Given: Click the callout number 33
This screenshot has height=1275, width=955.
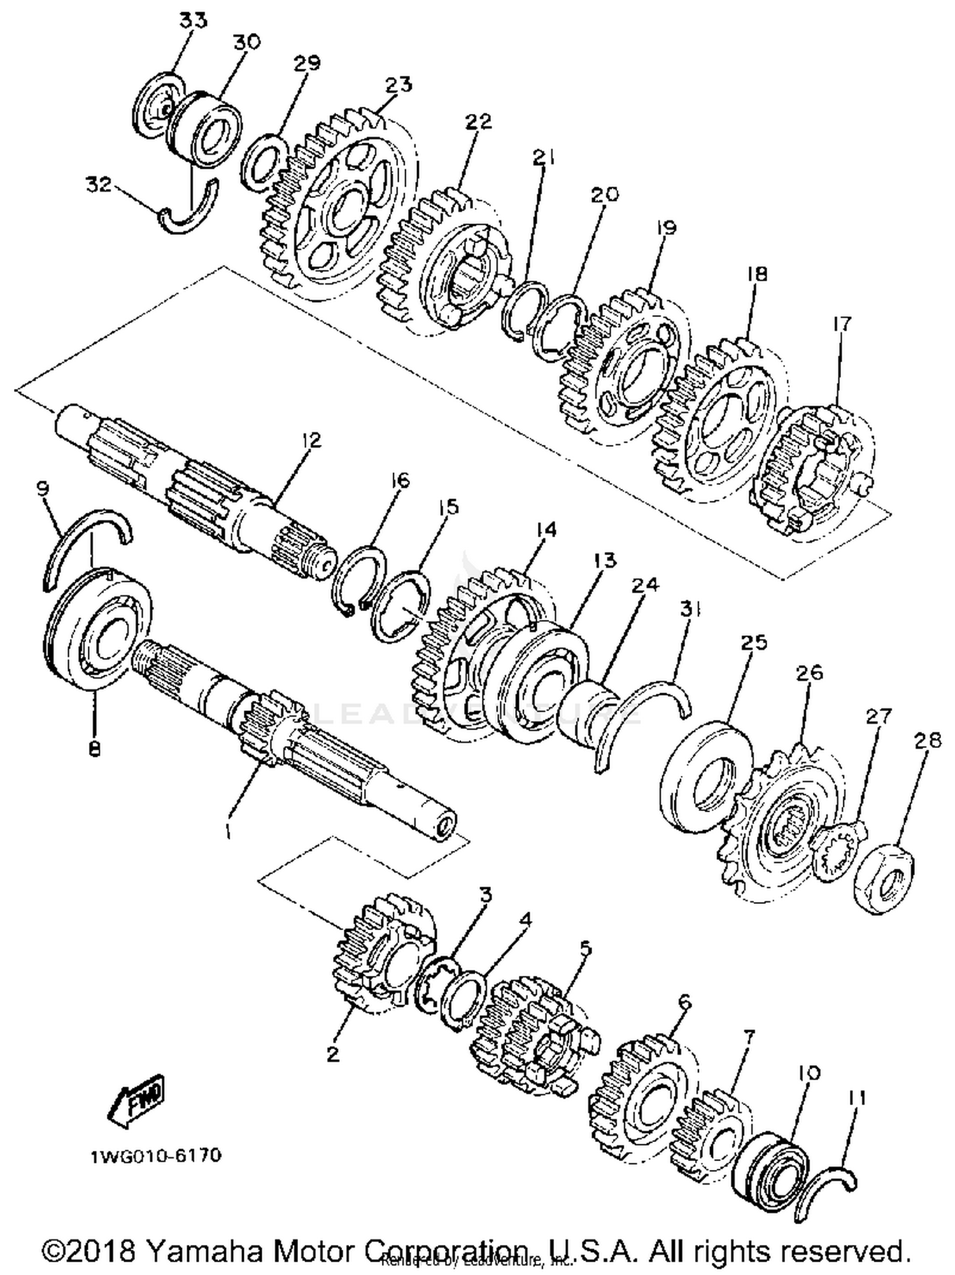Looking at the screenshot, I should click(x=192, y=20).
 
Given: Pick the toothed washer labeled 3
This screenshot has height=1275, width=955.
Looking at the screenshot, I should click(x=435, y=983).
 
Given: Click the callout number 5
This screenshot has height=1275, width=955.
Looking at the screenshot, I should click(x=585, y=948).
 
